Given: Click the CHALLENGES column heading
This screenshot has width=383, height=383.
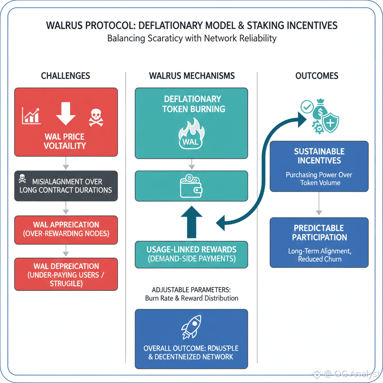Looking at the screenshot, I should click(65, 76).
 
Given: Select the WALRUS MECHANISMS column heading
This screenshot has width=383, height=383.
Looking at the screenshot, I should click(192, 76).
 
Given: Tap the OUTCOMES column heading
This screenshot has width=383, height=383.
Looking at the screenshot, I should click(317, 76).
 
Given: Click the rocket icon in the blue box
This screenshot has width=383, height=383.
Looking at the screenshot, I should click(191, 326).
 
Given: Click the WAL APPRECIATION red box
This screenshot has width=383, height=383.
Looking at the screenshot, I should click(66, 229).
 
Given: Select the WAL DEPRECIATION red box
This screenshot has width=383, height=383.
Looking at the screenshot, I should click(66, 275).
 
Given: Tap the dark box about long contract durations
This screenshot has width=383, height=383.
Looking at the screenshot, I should click(66, 186).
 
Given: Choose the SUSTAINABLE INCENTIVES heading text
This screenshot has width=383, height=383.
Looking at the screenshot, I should click(319, 156).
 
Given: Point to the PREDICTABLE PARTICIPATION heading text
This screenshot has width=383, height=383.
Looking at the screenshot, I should click(319, 233).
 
